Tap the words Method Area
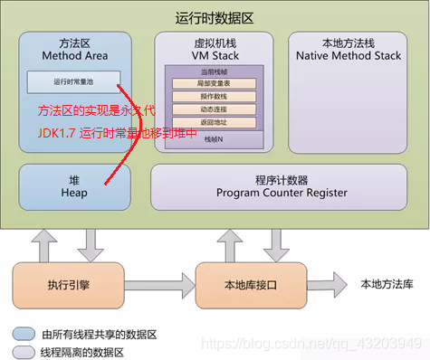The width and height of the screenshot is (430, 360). tap(74, 56)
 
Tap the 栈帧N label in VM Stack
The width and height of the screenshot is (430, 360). tap(214, 137)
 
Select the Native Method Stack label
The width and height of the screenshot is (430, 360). tap(349, 56)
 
